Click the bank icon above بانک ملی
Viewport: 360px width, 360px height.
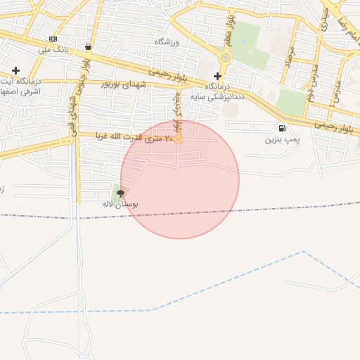53,39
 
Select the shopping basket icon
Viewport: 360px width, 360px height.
87,47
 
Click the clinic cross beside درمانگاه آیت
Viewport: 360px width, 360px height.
16,70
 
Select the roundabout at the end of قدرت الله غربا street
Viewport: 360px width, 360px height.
179,139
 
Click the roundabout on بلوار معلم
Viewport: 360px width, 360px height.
225,58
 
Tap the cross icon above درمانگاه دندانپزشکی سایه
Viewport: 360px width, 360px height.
217,76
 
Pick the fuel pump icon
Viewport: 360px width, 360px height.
282,128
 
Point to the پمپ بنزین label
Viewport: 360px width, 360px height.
282,140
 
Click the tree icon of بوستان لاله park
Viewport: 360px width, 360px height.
120,192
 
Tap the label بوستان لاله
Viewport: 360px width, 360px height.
120,204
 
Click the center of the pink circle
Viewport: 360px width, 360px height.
180,179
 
